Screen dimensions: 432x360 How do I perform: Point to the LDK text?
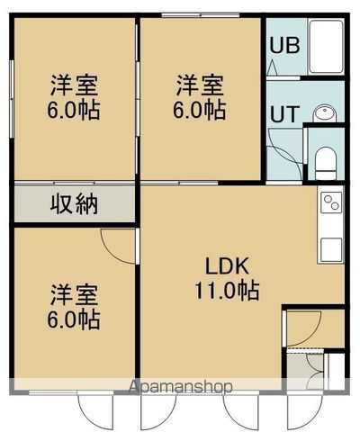coord(227,266)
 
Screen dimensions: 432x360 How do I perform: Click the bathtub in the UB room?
coord(324,49)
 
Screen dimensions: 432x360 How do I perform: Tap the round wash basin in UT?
coord(325,112)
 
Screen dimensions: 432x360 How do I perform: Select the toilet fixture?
coord(327,161)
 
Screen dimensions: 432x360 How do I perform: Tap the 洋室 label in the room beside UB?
coord(199,86)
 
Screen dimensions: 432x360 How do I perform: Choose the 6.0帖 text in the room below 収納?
coord(75,319)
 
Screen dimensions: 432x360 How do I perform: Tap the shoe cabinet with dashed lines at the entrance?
coord(314,368)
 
